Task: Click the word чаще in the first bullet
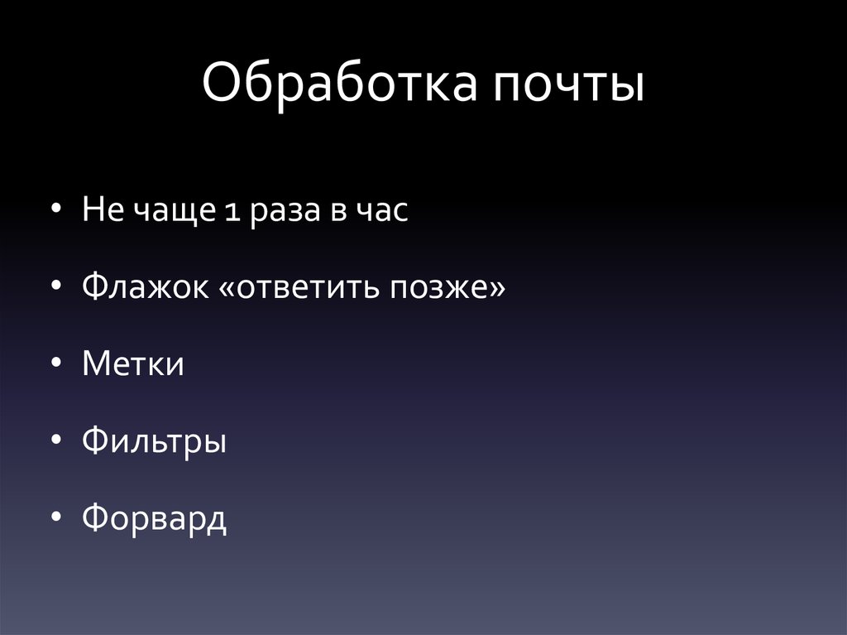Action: click(x=173, y=213)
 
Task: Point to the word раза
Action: click(x=277, y=213)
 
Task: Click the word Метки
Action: click(x=133, y=364)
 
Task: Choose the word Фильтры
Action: click(x=155, y=442)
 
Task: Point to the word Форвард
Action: click(x=155, y=519)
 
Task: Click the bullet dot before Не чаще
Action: click(x=55, y=211)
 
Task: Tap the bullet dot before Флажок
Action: click(x=55, y=287)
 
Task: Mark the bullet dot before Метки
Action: click(x=55, y=364)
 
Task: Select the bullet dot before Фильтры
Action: click(x=55, y=440)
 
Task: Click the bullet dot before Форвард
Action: click(x=55, y=517)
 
